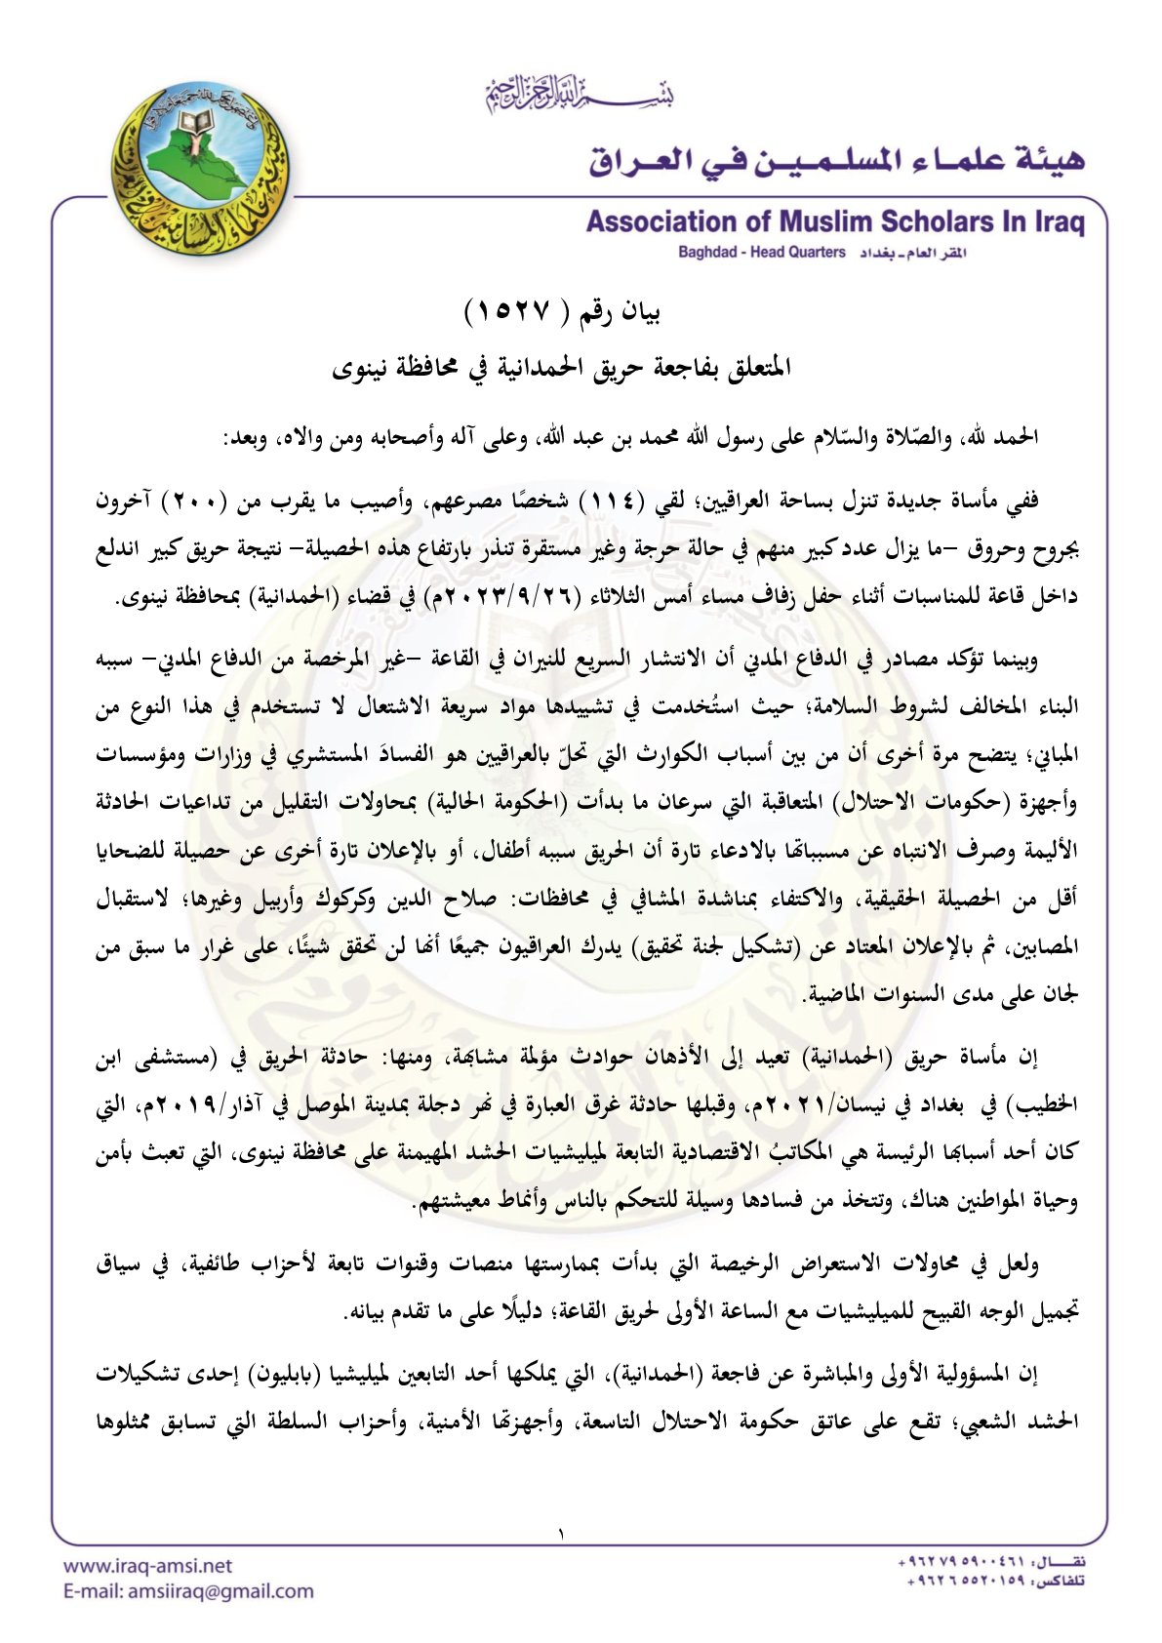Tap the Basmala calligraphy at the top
click(x=580, y=96)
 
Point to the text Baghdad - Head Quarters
click(x=762, y=253)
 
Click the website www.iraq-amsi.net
click(x=147, y=1566)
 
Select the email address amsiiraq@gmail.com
click(x=188, y=1591)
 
